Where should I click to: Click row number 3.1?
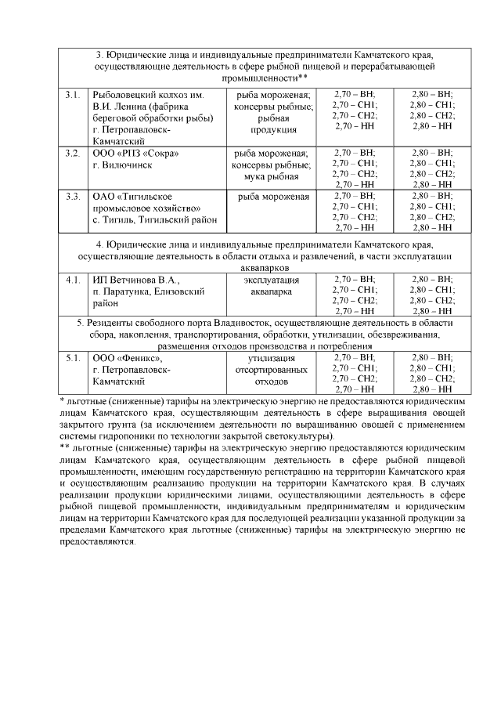(x=73, y=95)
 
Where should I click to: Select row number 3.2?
(x=73, y=153)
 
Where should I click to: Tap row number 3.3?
(x=73, y=195)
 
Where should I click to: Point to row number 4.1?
(x=73, y=280)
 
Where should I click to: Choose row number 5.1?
(x=73, y=358)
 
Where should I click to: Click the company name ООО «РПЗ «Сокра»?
(x=130, y=153)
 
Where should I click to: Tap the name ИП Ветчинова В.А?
(x=135, y=280)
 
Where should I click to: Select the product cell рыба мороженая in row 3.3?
(x=272, y=196)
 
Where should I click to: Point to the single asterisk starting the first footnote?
(x=62, y=400)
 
